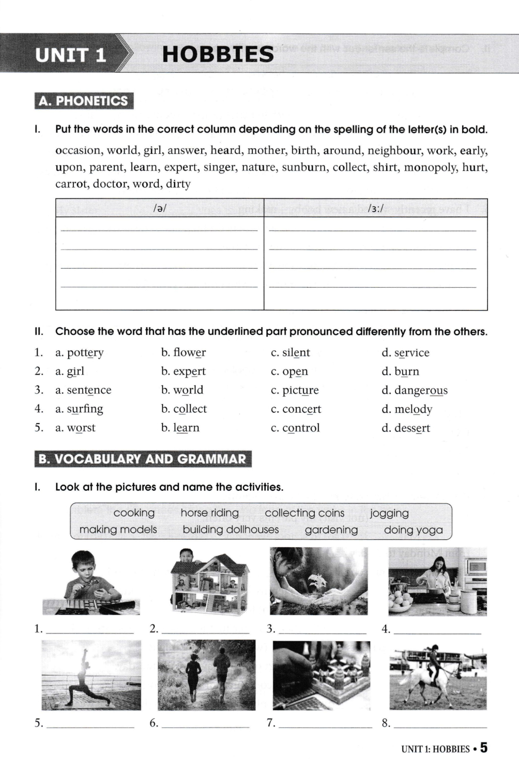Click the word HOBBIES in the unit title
(x=218, y=54)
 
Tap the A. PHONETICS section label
(x=84, y=101)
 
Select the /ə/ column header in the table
(x=160, y=208)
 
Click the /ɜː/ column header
(x=375, y=208)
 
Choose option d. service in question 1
(x=405, y=353)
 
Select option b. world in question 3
(x=182, y=390)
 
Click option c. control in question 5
(x=295, y=428)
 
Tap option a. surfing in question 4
(x=79, y=409)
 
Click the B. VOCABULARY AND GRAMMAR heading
(x=143, y=459)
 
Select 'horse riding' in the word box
(x=209, y=513)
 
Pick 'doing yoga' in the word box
(x=413, y=530)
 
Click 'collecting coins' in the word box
(x=304, y=513)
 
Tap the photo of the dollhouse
(x=210, y=581)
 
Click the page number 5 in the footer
(x=483, y=748)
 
